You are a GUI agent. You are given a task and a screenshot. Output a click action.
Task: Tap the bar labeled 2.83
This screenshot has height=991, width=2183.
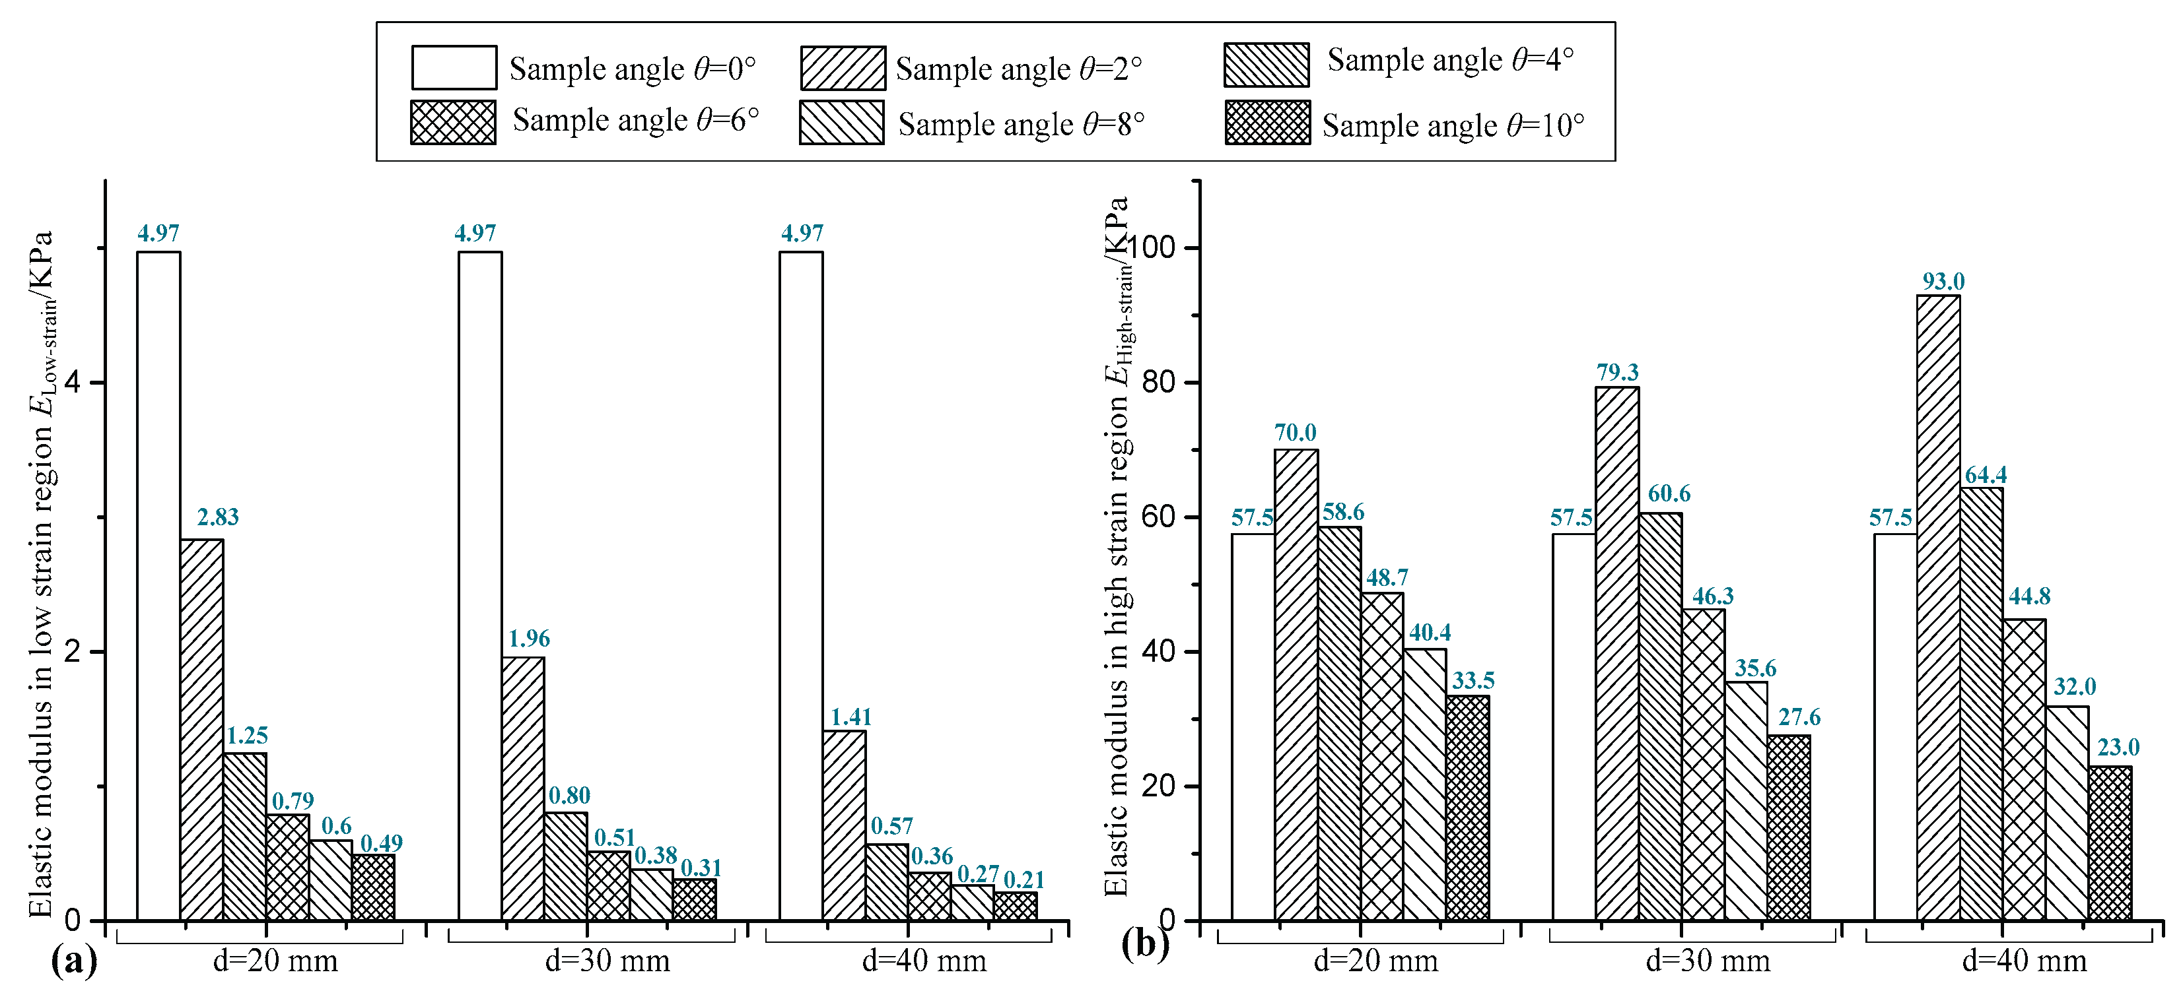[201, 729]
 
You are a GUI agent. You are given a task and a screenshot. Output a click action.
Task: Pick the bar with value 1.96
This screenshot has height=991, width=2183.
[523, 788]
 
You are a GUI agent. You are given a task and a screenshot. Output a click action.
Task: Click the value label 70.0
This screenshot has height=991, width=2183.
[1295, 433]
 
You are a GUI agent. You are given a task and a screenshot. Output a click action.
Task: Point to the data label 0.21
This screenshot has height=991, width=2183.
[1023, 879]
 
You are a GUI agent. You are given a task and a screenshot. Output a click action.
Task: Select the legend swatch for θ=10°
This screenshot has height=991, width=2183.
[1267, 122]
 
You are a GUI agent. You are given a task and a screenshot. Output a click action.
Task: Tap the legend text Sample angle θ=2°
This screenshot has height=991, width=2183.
[1019, 69]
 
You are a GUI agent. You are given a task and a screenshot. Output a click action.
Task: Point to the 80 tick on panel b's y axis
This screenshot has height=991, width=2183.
[1160, 382]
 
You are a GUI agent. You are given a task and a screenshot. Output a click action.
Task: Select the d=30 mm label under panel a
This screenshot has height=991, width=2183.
[607, 961]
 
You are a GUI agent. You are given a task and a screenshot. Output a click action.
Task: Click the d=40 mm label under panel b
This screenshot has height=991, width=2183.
[2024, 961]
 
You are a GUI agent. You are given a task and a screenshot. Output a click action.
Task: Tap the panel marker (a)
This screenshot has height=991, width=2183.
[75, 961]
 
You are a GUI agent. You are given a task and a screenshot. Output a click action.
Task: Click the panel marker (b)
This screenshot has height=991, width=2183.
[1145, 943]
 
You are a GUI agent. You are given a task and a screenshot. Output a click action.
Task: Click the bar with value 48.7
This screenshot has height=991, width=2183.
[1381, 756]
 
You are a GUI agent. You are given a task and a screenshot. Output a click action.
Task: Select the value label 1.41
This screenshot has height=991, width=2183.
[850, 717]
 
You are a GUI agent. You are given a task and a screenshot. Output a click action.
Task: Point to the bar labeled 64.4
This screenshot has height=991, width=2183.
[1982, 703]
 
